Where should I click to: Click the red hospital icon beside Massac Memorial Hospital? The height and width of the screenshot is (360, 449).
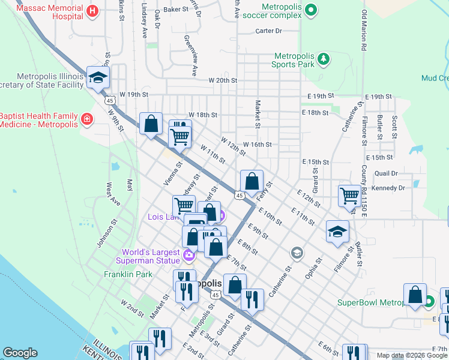[92, 10]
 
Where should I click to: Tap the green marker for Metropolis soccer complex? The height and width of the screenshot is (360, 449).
[310, 10]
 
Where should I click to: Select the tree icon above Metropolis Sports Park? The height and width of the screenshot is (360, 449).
[324, 58]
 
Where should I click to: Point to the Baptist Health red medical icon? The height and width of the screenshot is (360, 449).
[88, 119]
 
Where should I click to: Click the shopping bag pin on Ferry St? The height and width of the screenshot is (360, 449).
[252, 180]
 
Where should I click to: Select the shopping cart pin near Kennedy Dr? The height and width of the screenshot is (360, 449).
[349, 195]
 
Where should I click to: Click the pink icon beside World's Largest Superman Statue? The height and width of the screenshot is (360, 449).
[189, 256]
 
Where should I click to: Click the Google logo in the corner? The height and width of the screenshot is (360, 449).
[20, 353]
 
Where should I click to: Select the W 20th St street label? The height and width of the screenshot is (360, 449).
[223, 80]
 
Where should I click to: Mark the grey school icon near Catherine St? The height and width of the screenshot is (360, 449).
[297, 253]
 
